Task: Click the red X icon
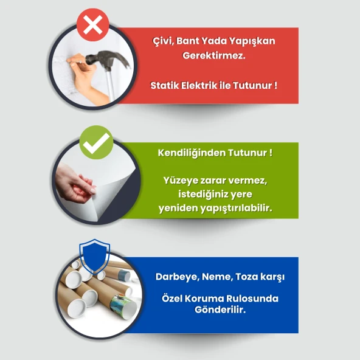pos(92,25)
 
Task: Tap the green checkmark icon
pos(96,144)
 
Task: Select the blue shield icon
pos(95,255)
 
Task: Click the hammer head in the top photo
pos(113,60)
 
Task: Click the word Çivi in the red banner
pos(162,41)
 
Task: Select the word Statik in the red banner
pos(164,85)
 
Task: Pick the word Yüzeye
pos(179,181)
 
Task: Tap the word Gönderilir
pos(213,310)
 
